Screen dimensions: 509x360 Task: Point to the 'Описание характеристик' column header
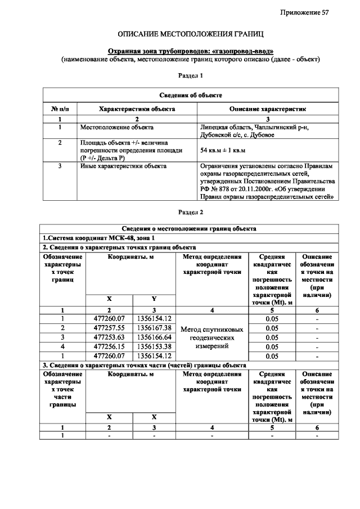coord(267,109)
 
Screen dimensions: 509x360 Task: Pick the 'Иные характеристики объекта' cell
coord(123,166)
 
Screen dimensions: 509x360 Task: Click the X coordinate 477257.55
coord(109,327)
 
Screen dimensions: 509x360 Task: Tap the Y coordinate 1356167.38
coord(154,327)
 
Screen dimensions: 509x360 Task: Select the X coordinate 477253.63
coord(109,337)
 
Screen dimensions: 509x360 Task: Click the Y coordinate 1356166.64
coord(154,337)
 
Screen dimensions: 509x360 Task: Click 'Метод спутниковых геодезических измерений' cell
coord(211,337)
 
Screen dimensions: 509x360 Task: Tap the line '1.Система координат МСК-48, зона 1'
coord(98,238)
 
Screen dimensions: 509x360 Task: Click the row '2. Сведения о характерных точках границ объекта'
coord(119,247)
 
